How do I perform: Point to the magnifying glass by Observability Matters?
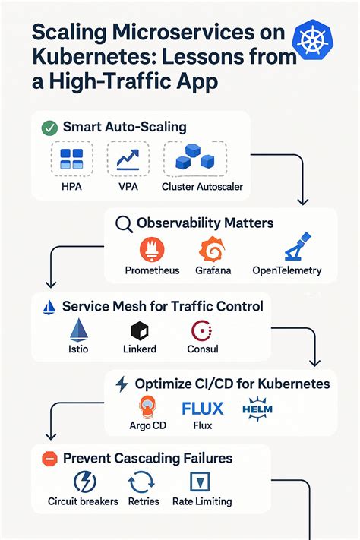tap(123, 224)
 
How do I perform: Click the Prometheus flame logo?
tap(153, 249)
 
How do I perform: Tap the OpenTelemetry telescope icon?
tap(287, 249)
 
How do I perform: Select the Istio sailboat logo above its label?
tap(80, 330)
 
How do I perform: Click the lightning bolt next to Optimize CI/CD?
tap(122, 384)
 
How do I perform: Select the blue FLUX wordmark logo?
tap(203, 409)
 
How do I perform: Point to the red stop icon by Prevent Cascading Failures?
tap(49, 459)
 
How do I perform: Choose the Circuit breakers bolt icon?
tap(84, 482)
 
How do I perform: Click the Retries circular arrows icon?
tap(141, 482)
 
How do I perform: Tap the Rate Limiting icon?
tap(201, 482)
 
